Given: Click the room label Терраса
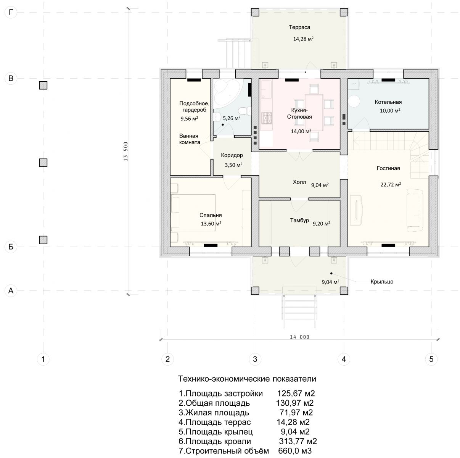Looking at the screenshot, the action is (x=299, y=27).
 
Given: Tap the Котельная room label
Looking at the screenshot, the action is (x=388, y=102).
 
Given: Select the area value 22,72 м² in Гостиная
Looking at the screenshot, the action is (x=391, y=184).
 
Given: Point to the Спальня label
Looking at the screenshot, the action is (x=210, y=215).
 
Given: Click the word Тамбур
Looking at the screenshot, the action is (x=299, y=220).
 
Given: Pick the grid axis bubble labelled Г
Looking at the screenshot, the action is (x=11, y=12).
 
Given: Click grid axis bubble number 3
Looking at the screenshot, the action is (x=255, y=359).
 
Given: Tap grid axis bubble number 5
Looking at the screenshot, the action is (x=431, y=359).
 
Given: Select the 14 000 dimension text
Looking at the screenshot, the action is (x=299, y=337).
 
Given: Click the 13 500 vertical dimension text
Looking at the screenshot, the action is (x=125, y=152).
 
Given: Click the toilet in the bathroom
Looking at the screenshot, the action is (x=244, y=111).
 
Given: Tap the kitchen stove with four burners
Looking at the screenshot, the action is (x=267, y=118).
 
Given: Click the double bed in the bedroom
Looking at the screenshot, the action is (x=193, y=213).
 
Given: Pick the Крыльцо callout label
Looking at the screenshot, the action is (x=382, y=282).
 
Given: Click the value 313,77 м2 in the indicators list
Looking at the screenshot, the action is (x=298, y=441).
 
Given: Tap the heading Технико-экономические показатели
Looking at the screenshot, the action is (x=247, y=379).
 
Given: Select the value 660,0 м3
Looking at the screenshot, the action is (x=294, y=451).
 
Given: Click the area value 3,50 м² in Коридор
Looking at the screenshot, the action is (x=233, y=165).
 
